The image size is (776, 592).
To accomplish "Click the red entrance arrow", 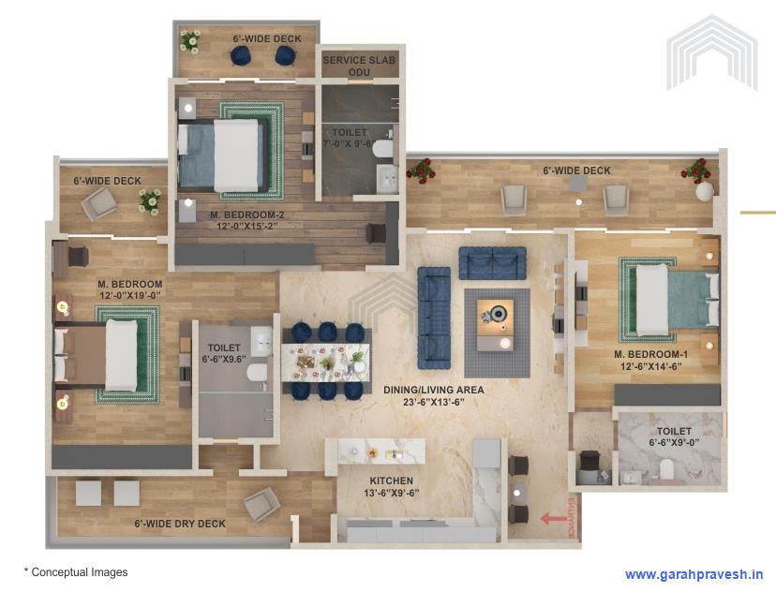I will click(554, 516).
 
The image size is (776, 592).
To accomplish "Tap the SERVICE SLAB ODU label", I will click(359, 66).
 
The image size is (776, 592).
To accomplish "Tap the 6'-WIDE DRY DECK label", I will click(180, 524).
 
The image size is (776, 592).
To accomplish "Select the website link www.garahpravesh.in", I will click(694, 574).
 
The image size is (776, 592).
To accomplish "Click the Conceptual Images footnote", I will click(76, 571).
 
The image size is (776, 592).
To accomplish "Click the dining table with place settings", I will click(326, 362).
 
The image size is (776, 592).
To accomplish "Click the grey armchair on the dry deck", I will click(261, 505).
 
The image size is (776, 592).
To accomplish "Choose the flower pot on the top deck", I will click(190, 40).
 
